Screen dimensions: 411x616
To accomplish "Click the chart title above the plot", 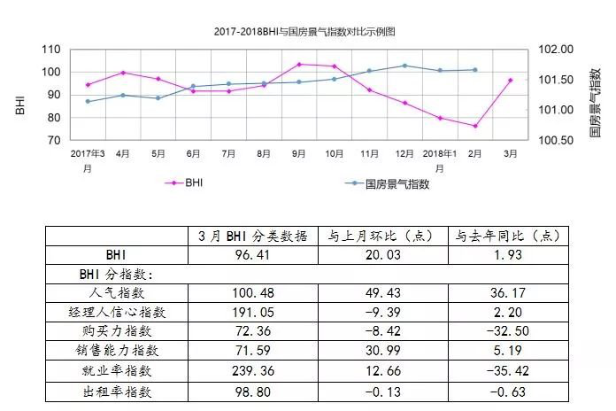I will [x=304, y=30].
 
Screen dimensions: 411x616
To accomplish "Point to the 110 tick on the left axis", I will [x=51, y=50].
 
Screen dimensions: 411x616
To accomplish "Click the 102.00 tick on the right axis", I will [x=556, y=50].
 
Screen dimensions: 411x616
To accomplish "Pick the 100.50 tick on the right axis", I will [x=556, y=140].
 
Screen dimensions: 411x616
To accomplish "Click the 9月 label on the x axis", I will [x=298, y=153].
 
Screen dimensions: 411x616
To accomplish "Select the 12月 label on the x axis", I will [x=404, y=153].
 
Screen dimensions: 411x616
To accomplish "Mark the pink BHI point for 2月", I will [x=475, y=126].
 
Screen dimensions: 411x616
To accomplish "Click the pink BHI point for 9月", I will [x=298, y=64].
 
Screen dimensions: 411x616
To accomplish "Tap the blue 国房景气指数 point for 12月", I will [x=404, y=66].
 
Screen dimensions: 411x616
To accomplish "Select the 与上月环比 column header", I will [x=381, y=236].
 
